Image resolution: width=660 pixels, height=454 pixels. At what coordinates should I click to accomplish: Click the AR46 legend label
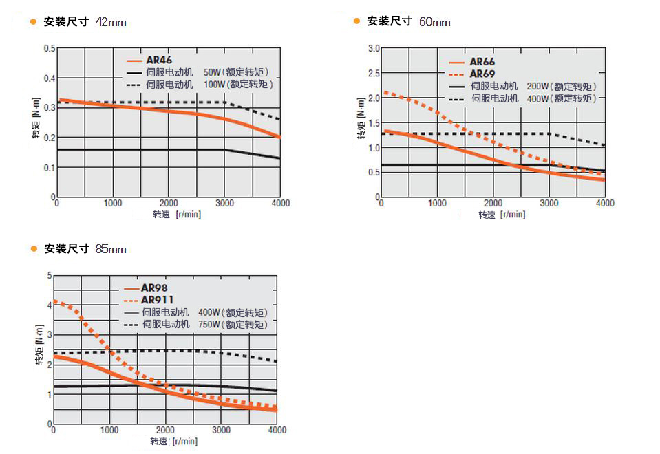[159, 60]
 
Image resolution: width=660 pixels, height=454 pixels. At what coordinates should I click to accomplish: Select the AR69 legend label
[482, 74]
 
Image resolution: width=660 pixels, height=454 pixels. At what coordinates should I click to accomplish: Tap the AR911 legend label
[158, 299]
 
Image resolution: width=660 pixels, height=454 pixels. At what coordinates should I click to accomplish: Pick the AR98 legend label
[155, 288]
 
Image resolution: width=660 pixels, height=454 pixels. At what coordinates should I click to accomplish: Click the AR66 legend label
[482, 62]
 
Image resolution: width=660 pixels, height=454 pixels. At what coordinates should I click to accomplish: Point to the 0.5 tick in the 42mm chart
[50, 48]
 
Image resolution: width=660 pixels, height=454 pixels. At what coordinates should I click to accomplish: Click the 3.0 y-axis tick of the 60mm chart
[374, 48]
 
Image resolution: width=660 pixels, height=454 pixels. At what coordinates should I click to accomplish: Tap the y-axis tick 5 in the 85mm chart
[49, 276]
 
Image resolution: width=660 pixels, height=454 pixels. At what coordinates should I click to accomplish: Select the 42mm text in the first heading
[111, 22]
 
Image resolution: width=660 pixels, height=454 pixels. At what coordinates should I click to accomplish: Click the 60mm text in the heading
[435, 22]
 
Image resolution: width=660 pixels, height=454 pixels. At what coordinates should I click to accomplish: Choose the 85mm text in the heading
[111, 249]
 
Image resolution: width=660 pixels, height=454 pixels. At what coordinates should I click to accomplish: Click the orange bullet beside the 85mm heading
[33, 248]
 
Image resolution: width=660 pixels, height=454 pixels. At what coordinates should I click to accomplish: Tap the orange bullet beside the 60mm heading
[356, 21]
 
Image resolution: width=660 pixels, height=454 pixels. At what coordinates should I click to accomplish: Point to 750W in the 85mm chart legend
[209, 324]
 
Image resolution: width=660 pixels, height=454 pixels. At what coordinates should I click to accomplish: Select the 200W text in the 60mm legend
[537, 86]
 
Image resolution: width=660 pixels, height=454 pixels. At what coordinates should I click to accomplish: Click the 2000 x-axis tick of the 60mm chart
[492, 203]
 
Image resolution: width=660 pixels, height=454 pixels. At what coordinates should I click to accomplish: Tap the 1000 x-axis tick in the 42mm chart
[113, 203]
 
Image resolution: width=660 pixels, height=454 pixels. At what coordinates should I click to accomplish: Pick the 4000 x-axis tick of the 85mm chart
[277, 430]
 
